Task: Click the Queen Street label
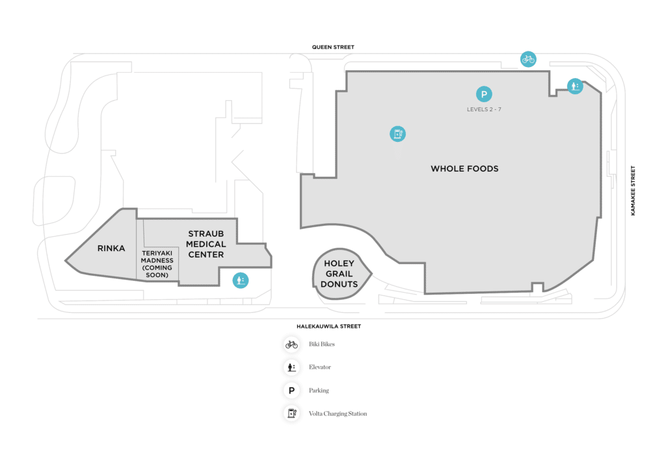(333, 47)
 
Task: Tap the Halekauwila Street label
(328, 327)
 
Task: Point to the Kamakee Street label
(633, 191)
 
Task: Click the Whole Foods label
(464, 168)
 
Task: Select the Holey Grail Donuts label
(340, 274)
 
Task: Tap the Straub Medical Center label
(206, 244)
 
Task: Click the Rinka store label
(111, 248)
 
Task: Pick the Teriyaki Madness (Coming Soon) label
(157, 264)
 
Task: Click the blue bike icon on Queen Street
(528, 59)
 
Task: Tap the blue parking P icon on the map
(484, 94)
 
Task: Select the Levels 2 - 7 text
(484, 110)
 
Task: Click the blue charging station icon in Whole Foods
(397, 134)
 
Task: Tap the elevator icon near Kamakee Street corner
(575, 87)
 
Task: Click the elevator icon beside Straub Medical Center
(241, 280)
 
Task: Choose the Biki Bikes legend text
(321, 344)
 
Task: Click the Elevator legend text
(320, 367)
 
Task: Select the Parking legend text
(319, 390)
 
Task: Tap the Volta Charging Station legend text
(338, 414)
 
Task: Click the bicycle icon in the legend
(291, 345)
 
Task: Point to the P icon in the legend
(291, 390)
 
